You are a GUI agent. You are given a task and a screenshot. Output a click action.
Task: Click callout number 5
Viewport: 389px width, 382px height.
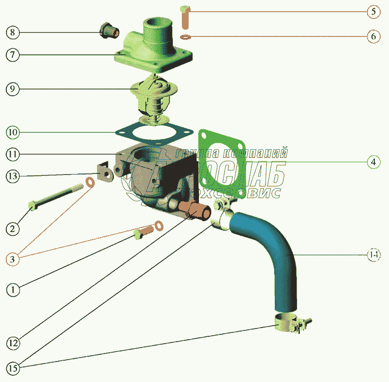click(373, 11)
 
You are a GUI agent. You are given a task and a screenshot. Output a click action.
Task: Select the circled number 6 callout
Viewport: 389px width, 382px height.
click(373, 37)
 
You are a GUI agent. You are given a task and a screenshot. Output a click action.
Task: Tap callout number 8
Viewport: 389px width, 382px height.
click(13, 33)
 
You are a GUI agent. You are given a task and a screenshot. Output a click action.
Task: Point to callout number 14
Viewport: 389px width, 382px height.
click(373, 255)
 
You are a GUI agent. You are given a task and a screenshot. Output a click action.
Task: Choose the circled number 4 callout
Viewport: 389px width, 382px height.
click(373, 161)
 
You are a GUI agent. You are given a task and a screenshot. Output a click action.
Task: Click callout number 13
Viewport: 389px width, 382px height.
click(13, 176)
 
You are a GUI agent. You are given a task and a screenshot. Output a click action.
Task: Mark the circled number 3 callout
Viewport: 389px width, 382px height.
click(13, 260)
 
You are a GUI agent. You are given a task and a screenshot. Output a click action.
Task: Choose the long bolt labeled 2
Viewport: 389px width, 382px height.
click(53, 197)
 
